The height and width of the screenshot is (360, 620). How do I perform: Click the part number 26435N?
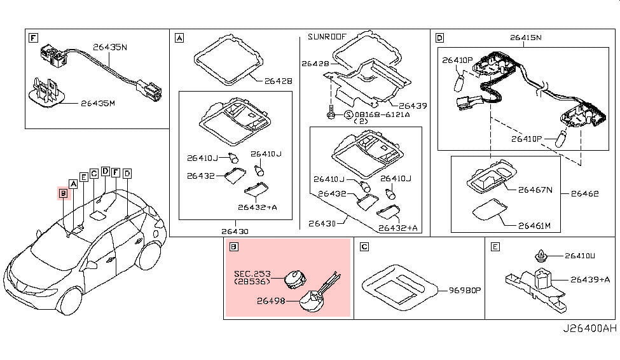coord(109,46)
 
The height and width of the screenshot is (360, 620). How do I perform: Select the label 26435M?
coord(98,102)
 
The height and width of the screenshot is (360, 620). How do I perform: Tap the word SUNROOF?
coord(327,36)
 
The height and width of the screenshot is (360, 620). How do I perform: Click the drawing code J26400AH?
coord(589,329)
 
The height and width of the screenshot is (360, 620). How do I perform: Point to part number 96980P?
coord(465,290)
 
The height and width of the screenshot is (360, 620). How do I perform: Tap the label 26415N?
coord(526,37)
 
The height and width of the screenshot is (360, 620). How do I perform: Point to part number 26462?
coord(584,193)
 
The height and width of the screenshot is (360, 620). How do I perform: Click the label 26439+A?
coord(589,279)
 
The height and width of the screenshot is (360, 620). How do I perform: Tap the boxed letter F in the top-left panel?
coord(32,38)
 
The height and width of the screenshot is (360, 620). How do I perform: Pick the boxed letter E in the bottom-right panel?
coord(495,247)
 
